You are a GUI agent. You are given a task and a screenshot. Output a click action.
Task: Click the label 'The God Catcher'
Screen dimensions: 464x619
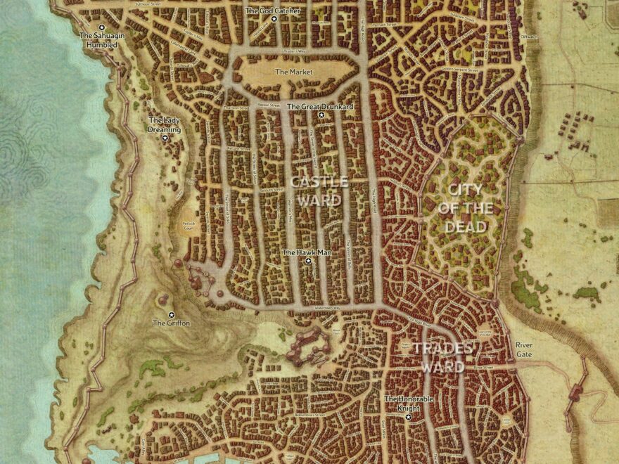(x=273, y=11)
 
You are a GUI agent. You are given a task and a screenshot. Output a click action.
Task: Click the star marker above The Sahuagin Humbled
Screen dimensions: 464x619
(x=101, y=27)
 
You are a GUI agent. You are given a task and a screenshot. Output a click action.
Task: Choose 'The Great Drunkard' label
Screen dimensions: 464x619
(x=321, y=106)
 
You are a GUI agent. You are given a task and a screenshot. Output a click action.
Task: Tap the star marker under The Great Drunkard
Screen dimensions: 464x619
(x=321, y=115)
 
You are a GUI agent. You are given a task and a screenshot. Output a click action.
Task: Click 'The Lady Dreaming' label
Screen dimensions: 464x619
(x=165, y=125)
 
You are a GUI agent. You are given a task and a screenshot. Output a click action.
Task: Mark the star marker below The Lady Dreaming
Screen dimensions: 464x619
(x=165, y=138)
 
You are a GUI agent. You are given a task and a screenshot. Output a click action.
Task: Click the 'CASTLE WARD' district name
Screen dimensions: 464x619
(x=319, y=191)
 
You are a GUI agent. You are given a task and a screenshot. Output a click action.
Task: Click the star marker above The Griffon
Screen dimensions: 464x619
(x=170, y=314)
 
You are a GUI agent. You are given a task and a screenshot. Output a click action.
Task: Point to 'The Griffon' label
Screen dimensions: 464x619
(x=170, y=323)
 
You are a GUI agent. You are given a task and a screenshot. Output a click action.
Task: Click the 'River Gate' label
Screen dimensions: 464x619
(x=524, y=349)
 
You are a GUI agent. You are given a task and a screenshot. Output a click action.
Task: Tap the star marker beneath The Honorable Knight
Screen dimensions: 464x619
(x=409, y=417)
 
